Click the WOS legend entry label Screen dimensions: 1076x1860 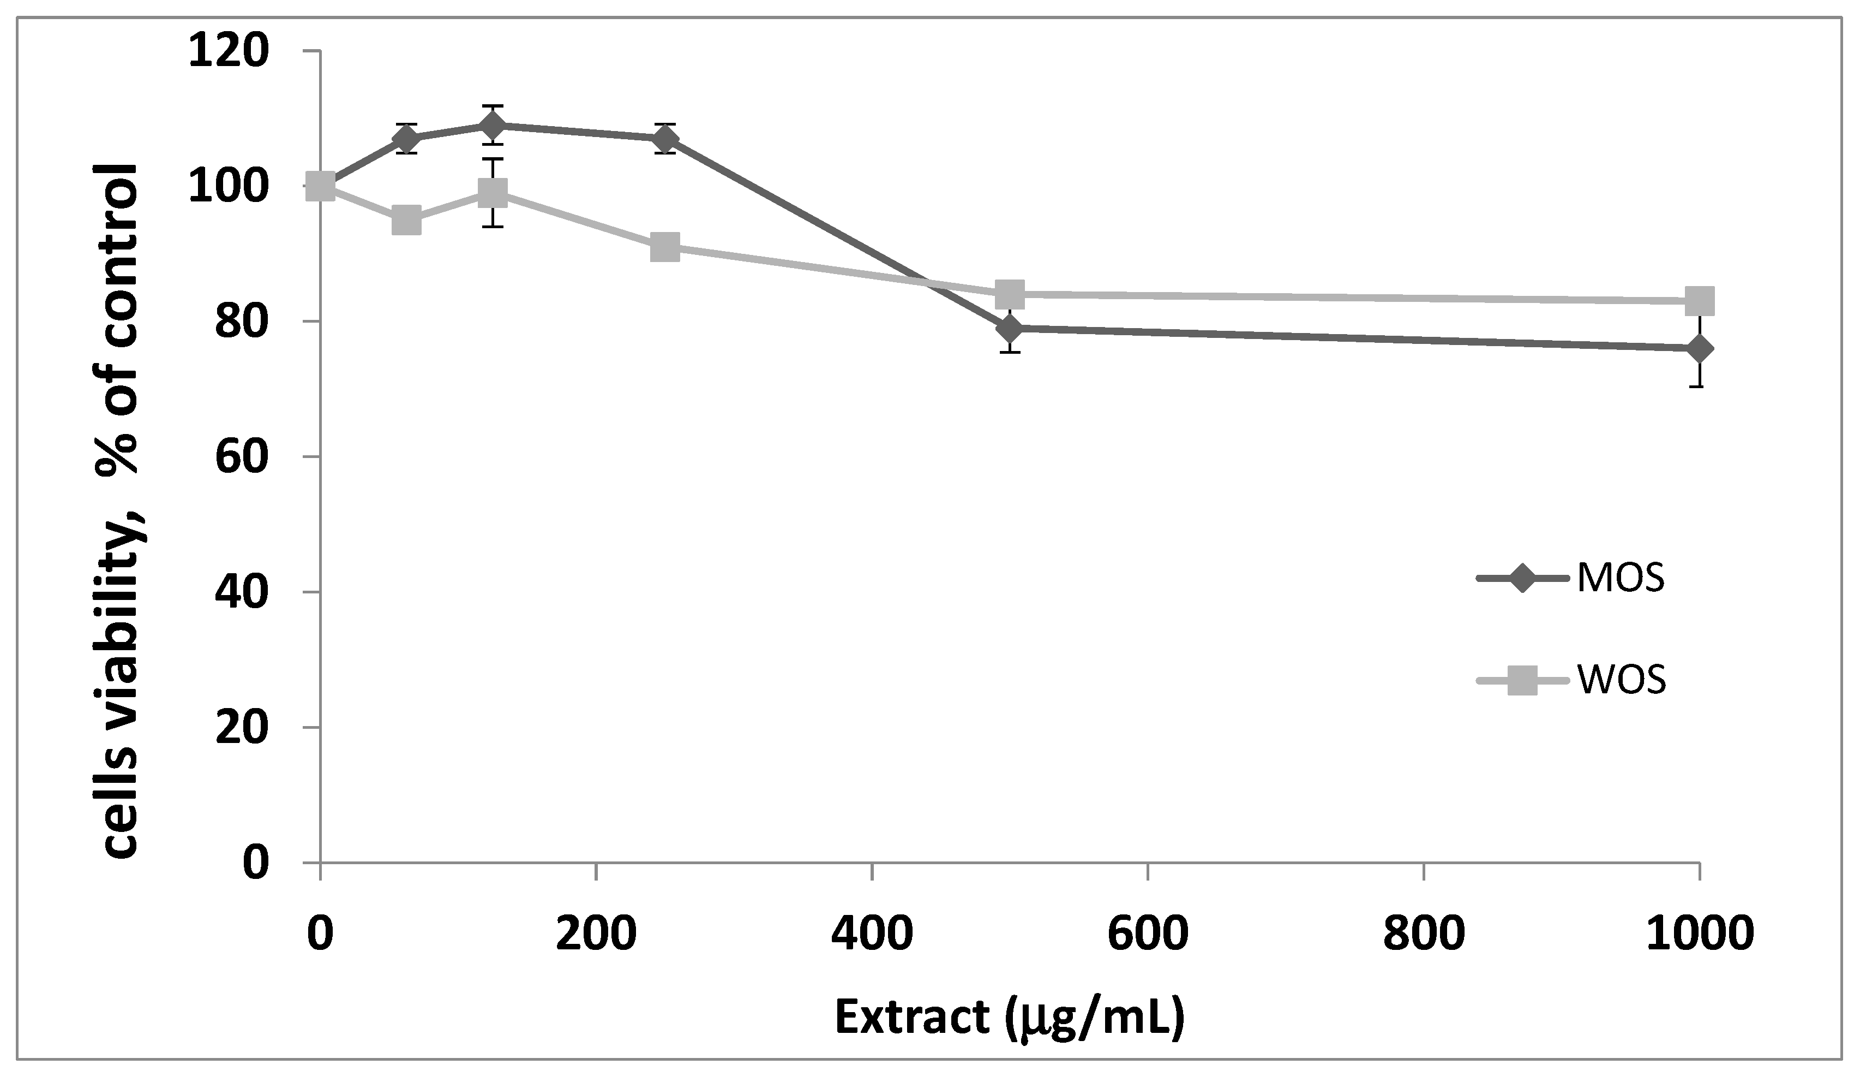pyautogui.click(x=1621, y=680)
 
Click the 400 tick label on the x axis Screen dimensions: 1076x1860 pyautogui.click(x=872, y=934)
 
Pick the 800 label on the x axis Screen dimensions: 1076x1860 pyautogui.click(x=1424, y=934)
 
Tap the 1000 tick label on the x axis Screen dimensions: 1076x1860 pyautogui.click(x=1700, y=934)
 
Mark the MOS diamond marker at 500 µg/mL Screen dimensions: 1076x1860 pyautogui.click(x=1010, y=328)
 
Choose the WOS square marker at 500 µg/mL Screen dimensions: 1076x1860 pyautogui.click(x=1010, y=294)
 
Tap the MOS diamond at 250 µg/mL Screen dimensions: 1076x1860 pyautogui.click(x=665, y=139)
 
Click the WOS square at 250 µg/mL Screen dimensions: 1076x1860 pyautogui.click(x=665, y=247)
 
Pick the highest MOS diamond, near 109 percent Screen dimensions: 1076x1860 pyautogui.click(x=493, y=126)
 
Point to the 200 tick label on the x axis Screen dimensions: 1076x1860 pyautogui.click(x=596, y=934)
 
